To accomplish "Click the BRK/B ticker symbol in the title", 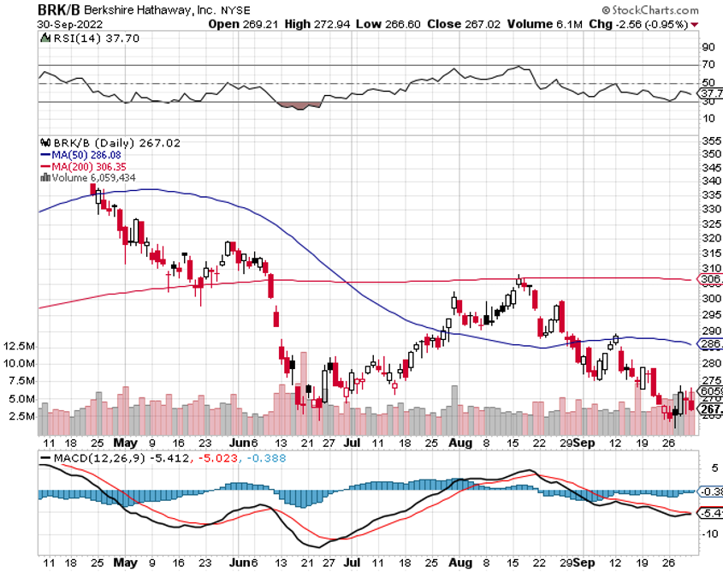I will pos(59,9).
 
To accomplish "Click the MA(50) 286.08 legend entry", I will pos(80,154).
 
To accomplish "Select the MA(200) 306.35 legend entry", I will pos(83,165).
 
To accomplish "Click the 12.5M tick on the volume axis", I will pos(19,347).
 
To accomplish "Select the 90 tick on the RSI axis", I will pos(708,48).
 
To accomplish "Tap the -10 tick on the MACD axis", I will pos(708,533).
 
